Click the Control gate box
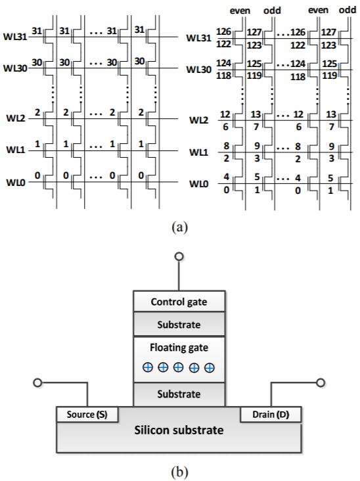179,301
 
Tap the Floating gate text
179,348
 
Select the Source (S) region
87,415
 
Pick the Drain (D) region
271,415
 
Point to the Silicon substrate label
179,430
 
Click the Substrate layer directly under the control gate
179,324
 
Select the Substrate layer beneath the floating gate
179,394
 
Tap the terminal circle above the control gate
179,256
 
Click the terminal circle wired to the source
37,383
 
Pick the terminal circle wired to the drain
321,383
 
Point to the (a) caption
180,227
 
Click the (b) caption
180,472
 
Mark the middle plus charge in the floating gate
179,367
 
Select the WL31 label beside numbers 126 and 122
198,38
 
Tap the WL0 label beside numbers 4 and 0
198,184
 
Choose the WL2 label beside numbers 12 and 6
198,120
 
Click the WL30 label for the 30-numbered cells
15,68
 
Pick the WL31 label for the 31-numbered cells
15,37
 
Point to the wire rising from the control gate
179,275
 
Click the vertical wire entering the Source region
87,395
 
